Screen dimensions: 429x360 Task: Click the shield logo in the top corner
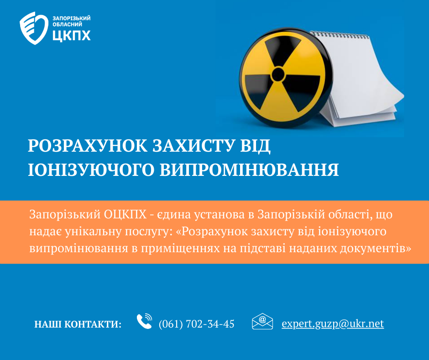pyautogui.click(x=34, y=28)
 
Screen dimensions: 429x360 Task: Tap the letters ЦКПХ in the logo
pyautogui.click(x=71, y=35)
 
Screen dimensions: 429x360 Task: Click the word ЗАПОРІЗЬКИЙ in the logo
pyautogui.click(x=71, y=18)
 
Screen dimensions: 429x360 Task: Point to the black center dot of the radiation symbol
pyautogui.click(x=278, y=74)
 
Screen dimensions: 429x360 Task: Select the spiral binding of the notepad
pyautogui.click(x=339, y=35)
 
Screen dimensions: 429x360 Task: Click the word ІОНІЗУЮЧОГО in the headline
pyautogui.click(x=91, y=169)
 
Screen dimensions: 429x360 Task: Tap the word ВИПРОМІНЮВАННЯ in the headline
pyautogui.click(x=249, y=169)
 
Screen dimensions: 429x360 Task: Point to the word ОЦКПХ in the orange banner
pyautogui.click(x=125, y=215)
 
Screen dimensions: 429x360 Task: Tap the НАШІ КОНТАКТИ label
pyautogui.click(x=78, y=324)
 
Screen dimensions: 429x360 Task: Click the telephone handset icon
pyautogui.click(x=145, y=321)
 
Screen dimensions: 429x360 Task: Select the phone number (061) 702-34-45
pyautogui.click(x=196, y=324)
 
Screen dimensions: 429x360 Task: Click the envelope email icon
pyautogui.click(x=262, y=321)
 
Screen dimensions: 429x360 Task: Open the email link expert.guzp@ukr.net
pyautogui.click(x=333, y=324)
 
